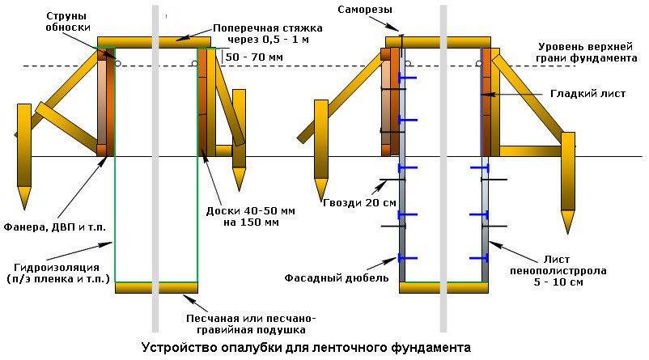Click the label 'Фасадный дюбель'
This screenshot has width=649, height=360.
coord(337,277)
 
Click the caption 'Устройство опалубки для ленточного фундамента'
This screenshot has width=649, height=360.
coord(305,348)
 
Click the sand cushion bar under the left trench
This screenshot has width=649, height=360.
coord(156,287)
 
